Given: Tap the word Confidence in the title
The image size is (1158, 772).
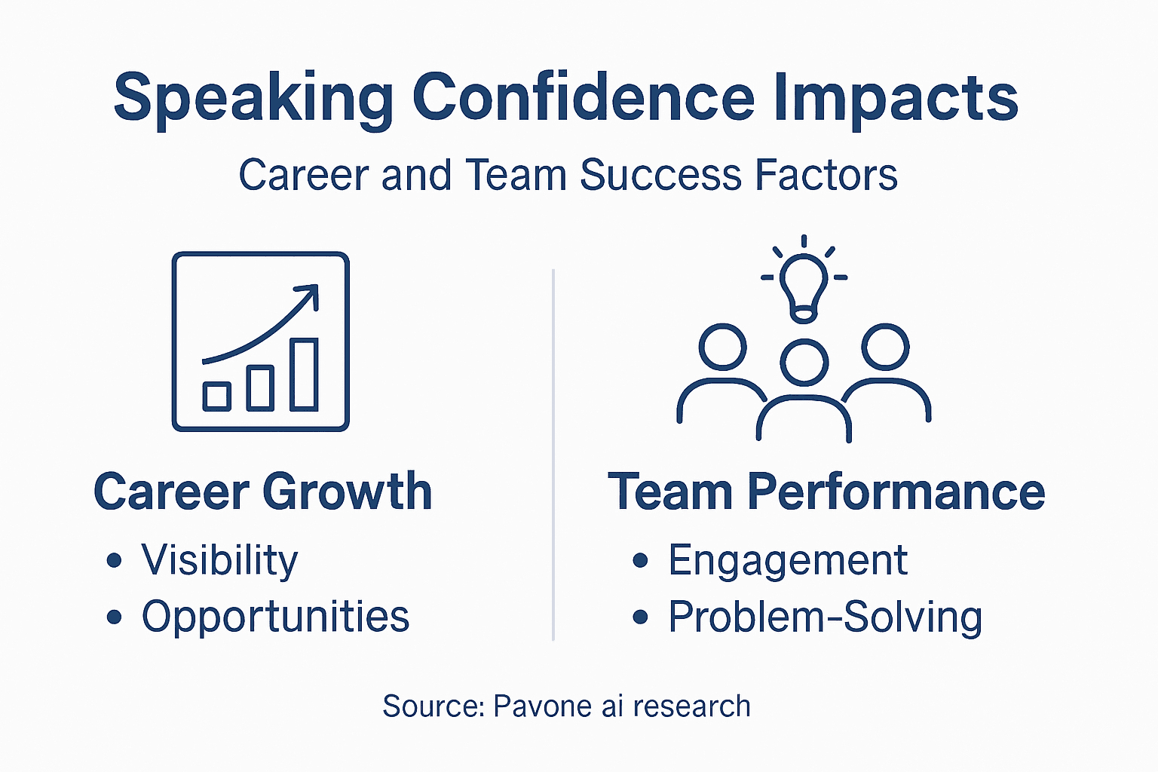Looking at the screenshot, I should tap(583, 98).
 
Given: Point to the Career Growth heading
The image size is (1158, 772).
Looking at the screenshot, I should tap(262, 492).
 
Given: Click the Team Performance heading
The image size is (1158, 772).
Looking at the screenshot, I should tap(826, 492).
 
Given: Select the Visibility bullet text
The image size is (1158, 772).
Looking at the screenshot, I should tap(219, 561).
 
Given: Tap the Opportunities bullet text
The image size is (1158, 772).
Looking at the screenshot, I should tap(275, 617).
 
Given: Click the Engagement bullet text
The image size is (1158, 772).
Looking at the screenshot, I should tap(787, 561).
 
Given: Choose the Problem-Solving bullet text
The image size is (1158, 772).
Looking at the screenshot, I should tap(825, 617).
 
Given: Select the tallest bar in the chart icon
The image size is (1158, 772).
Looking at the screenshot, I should tap(304, 374).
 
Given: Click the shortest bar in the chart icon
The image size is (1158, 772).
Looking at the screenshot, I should tap(217, 396).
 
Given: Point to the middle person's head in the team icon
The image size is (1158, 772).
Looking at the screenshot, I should tap(804, 363).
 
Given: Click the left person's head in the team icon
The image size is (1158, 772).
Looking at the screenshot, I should tap(722, 347).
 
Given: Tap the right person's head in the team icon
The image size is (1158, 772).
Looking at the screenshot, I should tap(886, 347).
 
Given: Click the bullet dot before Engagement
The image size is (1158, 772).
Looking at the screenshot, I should tap(641, 560).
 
